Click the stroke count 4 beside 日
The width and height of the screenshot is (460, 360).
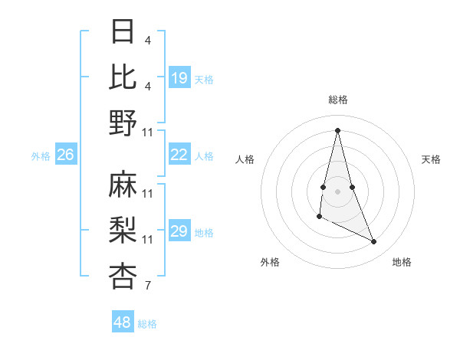click(x=147, y=39)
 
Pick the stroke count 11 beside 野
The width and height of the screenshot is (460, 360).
click(x=148, y=132)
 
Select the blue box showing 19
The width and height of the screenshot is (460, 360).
click(x=179, y=77)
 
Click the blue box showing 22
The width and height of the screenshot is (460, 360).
click(x=179, y=155)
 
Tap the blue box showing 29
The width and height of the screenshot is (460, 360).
click(x=179, y=231)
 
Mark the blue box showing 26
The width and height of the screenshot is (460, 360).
click(x=65, y=155)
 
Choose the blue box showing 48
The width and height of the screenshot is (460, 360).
click(x=123, y=322)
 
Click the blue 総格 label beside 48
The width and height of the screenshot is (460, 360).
click(x=147, y=324)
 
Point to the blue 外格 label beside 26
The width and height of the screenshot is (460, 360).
click(x=41, y=156)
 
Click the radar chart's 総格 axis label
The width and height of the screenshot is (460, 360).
click(x=338, y=100)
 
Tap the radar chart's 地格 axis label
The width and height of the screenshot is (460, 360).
click(x=402, y=262)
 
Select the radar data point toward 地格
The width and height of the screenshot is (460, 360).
click(x=374, y=242)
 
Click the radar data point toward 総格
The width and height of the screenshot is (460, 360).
click(x=337, y=130)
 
